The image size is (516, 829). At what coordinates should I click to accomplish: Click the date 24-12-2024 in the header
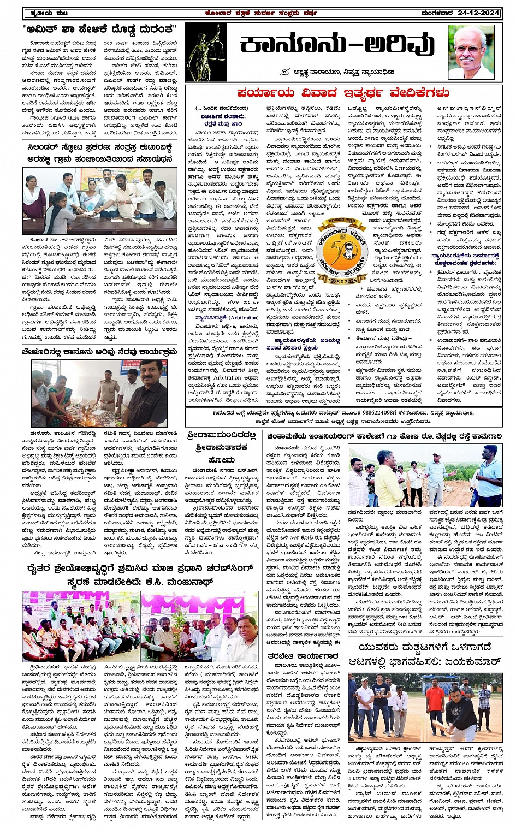coord(479,13)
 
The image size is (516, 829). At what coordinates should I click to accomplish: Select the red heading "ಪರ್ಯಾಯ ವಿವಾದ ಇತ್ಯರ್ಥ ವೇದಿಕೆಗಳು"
coord(343,92)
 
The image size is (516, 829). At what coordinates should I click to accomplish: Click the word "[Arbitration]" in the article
coord(243,317)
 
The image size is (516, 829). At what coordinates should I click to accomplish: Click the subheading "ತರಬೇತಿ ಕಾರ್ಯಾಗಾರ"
coord(304,656)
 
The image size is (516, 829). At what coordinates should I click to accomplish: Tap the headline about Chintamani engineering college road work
coord(384,436)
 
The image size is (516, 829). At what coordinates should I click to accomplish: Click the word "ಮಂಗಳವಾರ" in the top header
coord(437,13)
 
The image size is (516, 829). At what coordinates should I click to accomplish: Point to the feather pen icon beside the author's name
coord(284,72)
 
